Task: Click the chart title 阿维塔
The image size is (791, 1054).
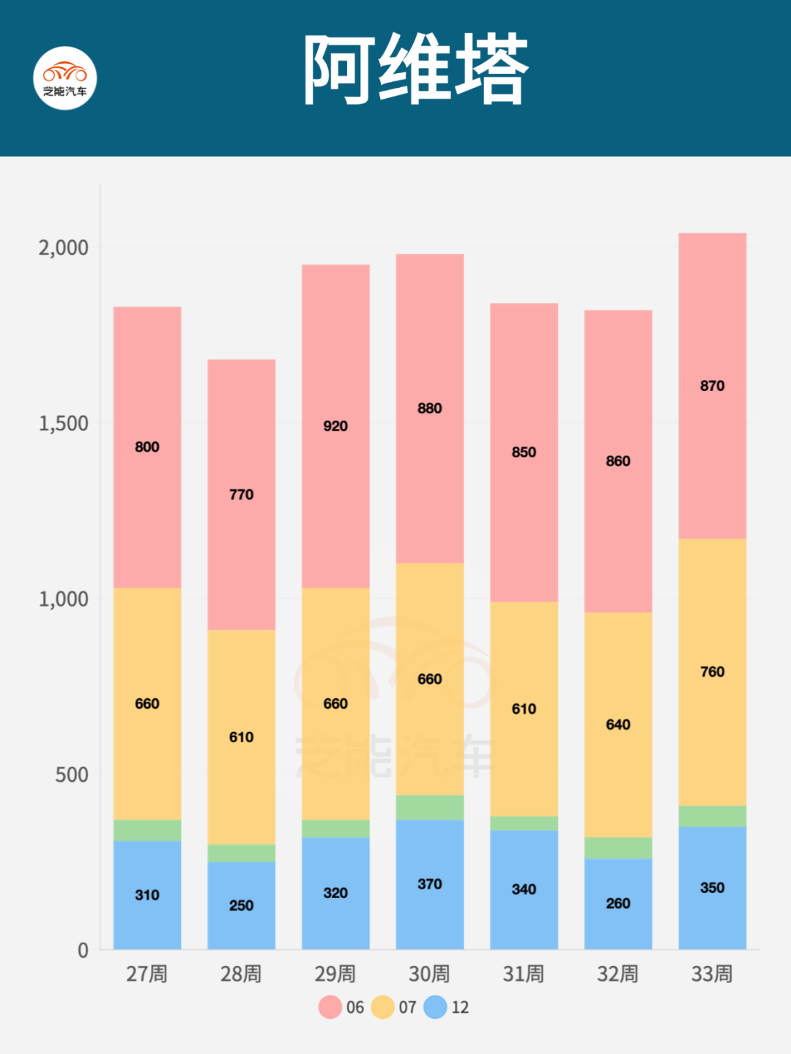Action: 415,70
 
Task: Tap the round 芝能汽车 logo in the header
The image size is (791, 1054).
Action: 65,78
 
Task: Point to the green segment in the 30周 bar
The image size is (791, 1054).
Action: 429,807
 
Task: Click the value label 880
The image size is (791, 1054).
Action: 429,408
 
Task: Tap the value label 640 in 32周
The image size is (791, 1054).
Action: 617,725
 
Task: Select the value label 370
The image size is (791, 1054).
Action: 429,884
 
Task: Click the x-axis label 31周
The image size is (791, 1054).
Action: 523,974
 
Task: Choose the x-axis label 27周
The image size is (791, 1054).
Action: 146,974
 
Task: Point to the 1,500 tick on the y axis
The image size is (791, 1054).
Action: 63,424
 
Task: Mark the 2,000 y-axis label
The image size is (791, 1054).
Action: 63,248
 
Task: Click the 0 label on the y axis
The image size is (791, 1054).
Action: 83,950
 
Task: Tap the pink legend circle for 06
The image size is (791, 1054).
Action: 330,1007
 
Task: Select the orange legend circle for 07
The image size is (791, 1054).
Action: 382,1007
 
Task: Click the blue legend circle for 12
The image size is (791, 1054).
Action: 435,1007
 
